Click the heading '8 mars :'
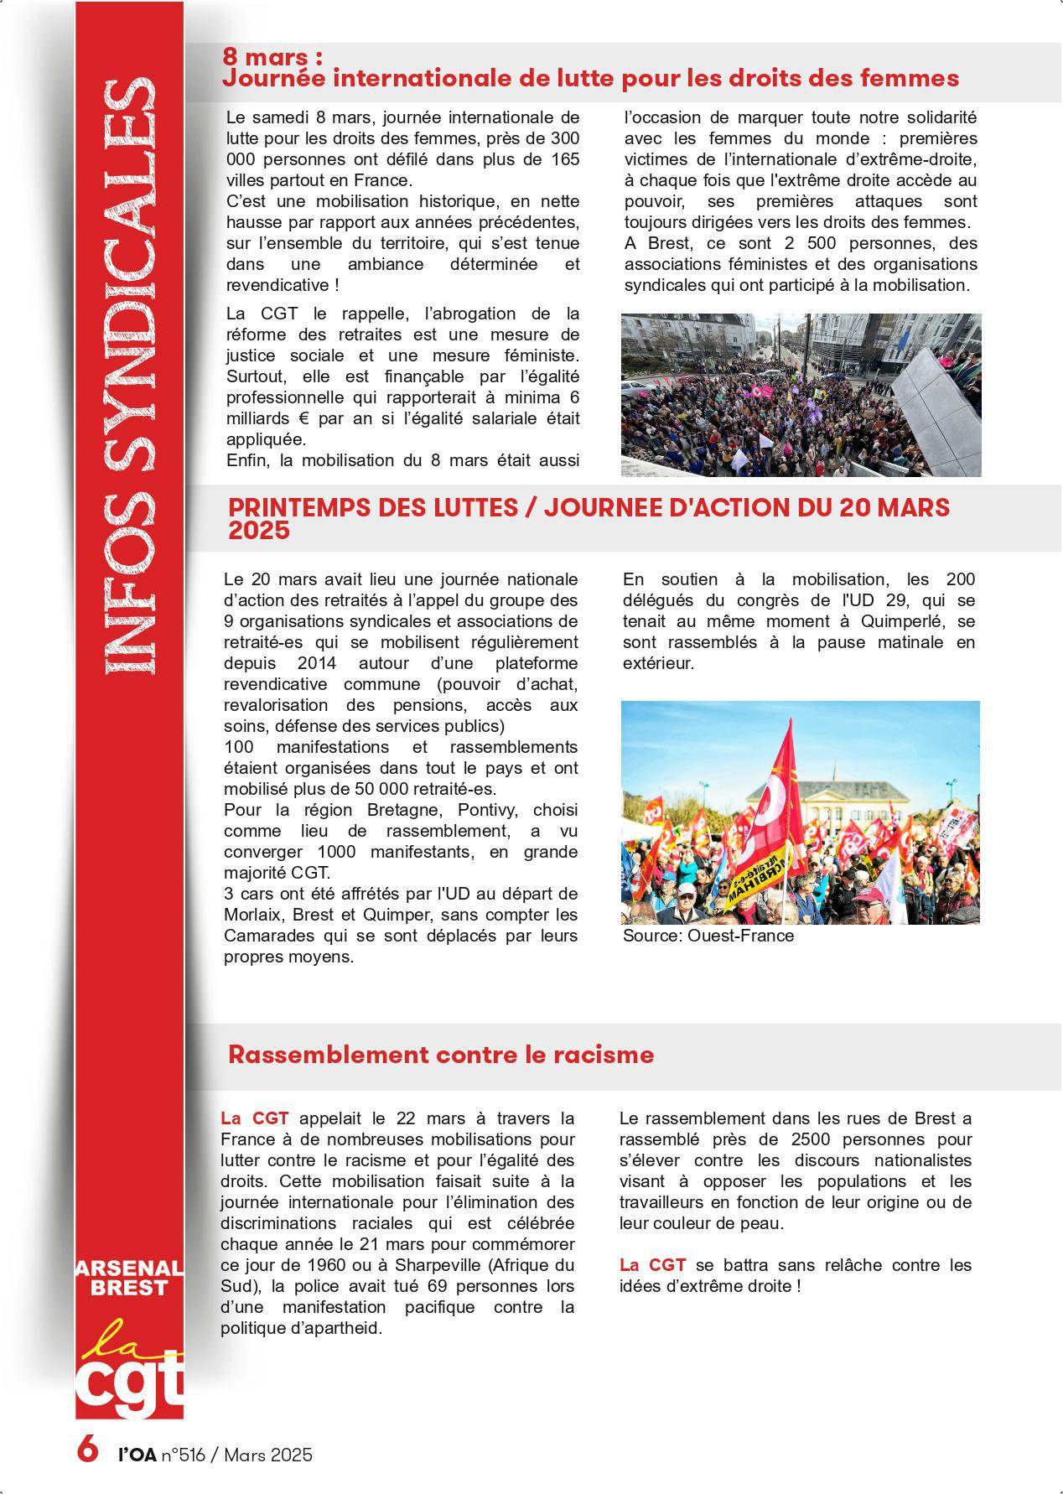coord(272,57)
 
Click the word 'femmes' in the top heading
coord(917,79)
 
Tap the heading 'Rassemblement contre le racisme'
coord(440,1055)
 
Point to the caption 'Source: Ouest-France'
coord(708,936)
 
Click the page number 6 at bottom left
coord(87,1449)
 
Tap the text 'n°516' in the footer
coord(183,1455)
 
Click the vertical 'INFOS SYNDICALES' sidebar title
coord(129,377)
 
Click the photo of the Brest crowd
coord(801,395)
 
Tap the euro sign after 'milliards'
coord(309,418)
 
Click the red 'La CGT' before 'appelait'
coord(255,1118)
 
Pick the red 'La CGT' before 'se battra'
coord(653,1265)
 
